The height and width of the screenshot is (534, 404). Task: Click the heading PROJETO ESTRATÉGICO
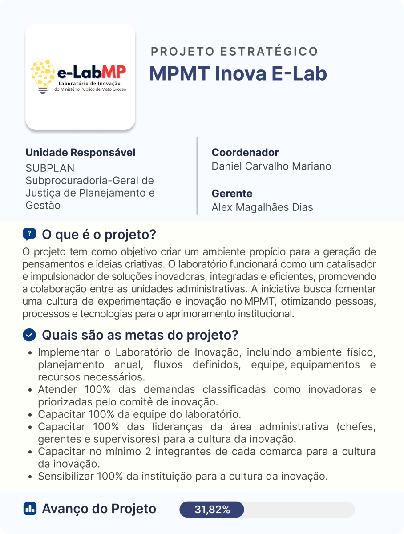point(234,52)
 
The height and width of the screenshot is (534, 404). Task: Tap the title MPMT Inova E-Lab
point(238,74)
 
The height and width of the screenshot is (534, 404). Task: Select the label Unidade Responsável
point(81,153)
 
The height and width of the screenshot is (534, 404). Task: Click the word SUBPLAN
point(50,168)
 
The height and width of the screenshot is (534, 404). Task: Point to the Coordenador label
point(245,153)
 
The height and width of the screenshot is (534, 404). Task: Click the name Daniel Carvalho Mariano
point(271,166)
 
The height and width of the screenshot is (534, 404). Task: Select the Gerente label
point(232,194)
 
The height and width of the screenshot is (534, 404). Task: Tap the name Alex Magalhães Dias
point(262,207)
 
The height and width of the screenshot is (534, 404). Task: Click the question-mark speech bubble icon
point(29,234)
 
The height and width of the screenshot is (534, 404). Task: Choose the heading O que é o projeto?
point(98,234)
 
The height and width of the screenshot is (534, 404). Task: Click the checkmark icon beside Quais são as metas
point(29,335)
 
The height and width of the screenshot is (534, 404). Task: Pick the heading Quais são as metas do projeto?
point(140,335)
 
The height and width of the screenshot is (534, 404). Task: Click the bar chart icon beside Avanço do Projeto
point(29,509)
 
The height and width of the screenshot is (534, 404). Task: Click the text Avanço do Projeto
point(99,509)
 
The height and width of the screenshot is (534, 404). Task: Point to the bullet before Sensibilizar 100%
point(29,477)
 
